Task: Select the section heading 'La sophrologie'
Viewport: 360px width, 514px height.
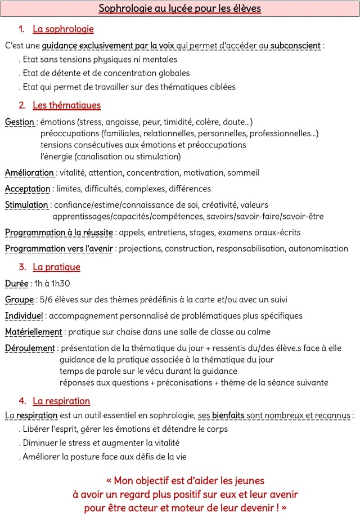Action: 63,29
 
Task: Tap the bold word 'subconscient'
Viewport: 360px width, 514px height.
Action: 295,45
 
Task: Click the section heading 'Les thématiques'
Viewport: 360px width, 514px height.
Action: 66,105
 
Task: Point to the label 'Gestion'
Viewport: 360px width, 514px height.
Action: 19,122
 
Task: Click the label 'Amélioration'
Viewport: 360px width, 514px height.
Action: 29,173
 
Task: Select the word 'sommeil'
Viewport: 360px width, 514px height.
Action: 245,173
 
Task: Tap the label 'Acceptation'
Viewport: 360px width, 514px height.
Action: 27,189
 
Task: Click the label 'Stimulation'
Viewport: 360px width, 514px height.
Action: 26,205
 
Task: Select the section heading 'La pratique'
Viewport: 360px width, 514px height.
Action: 56,267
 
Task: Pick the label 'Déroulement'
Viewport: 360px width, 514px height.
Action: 30,348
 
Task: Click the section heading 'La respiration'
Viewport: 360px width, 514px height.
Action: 61,401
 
